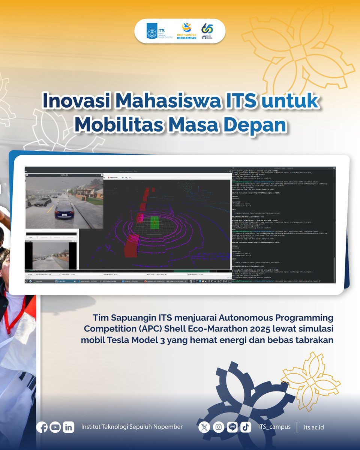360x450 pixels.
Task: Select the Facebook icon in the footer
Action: point(42,427)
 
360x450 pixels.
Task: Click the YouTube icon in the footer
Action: point(55,427)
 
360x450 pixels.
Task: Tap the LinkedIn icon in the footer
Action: point(68,427)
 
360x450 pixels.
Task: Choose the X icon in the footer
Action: point(204,427)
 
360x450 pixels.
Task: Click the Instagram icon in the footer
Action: point(218,427)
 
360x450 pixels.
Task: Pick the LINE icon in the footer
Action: point(232,427)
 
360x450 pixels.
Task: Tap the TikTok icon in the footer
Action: point(246,427)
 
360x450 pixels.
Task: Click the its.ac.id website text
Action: point(314,427)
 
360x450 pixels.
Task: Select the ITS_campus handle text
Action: point(274,427)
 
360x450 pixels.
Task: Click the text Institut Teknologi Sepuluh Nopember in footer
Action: point(132,427)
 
